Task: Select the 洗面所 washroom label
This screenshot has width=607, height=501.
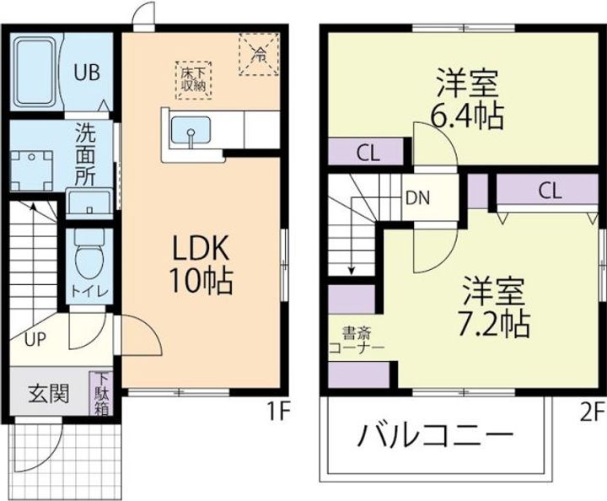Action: tap(85, 154)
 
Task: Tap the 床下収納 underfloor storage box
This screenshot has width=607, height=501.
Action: tap(195, 78)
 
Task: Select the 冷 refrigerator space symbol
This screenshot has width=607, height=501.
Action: tap(260, 52)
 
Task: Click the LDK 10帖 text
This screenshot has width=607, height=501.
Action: tap(202, 264)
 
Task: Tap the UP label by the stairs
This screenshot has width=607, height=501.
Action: tap(35, 340)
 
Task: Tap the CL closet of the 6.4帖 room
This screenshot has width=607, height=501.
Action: tap(367, 153)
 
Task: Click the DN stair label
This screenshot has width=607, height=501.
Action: tap(418, 199)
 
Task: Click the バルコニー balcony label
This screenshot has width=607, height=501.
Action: tap(434, 437)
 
